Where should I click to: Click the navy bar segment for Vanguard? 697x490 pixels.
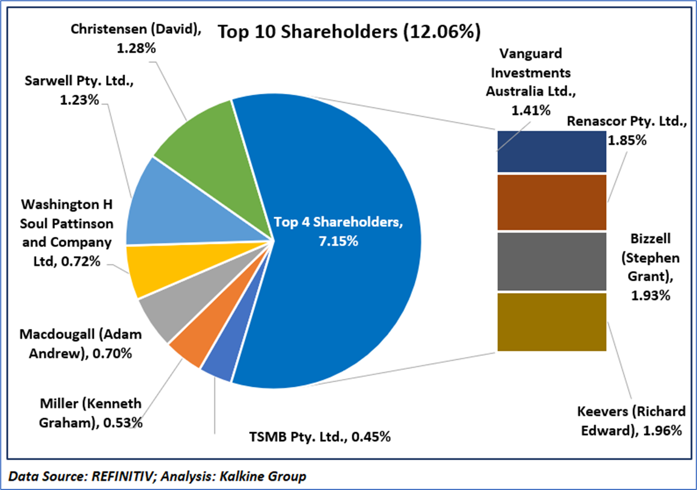point(552,151)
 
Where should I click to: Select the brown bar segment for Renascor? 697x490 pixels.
point(552,202)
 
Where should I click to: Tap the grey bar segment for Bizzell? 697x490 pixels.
point(552,261)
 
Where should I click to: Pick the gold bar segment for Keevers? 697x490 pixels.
point(552,322)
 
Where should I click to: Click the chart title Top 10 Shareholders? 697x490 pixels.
point(349,32)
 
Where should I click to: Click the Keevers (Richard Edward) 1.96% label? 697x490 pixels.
point(631,421)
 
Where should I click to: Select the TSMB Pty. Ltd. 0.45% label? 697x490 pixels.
point(319,436)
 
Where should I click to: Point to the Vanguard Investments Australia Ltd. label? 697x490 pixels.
point(530,82)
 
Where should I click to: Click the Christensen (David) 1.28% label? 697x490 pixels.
point(136,38)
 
